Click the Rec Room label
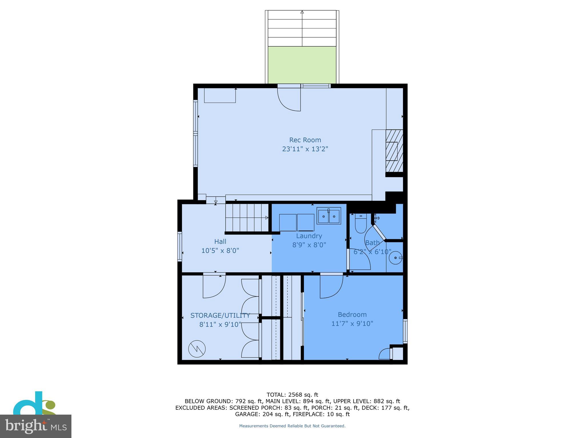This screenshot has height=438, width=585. [305, 140]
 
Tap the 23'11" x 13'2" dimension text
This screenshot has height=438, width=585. [305, 149]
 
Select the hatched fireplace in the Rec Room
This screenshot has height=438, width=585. [394, 151]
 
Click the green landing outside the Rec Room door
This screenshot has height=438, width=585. [302, 65]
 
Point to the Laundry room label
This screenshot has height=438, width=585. [309, 236]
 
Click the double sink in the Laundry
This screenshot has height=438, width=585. [328, 216]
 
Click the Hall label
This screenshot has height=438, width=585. [220, 242]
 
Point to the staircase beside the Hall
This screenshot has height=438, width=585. [247, 218]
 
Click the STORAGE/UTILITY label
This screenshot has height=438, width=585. [220, 315]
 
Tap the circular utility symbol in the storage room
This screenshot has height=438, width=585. [197, 349]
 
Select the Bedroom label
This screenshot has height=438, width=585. [352, 315]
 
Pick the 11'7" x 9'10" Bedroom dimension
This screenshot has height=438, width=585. [352, 324]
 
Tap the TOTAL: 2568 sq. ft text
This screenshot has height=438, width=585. [292, 395]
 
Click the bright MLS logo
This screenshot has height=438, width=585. [35, 426]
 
